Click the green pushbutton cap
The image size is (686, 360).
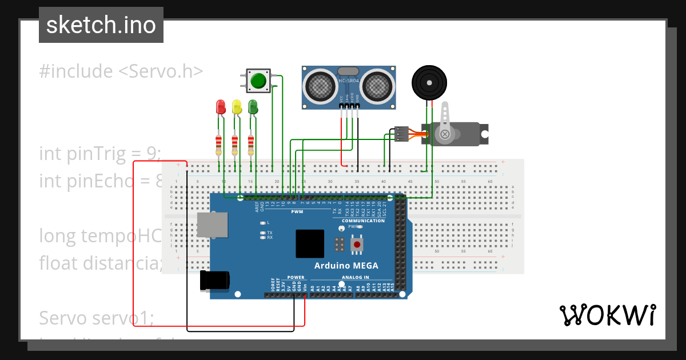pos(260,81)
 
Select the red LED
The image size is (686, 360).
pos(220,107)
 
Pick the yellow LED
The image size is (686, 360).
pos(237,107)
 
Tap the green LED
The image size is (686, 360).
pos(253,107)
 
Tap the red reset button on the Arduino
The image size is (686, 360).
pos(357,245)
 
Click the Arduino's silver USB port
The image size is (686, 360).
pos(212,225)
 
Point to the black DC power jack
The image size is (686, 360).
pos(214,281)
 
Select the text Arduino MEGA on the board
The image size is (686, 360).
pos(346,266)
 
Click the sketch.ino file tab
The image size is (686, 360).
pos(101,25)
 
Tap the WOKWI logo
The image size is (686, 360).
pos(607,315)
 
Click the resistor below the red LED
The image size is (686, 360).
pos(218,144)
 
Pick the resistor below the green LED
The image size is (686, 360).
pos(251,144)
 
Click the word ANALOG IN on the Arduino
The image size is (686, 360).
pos(354,277)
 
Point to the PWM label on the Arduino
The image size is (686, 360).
pos(297,211)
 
